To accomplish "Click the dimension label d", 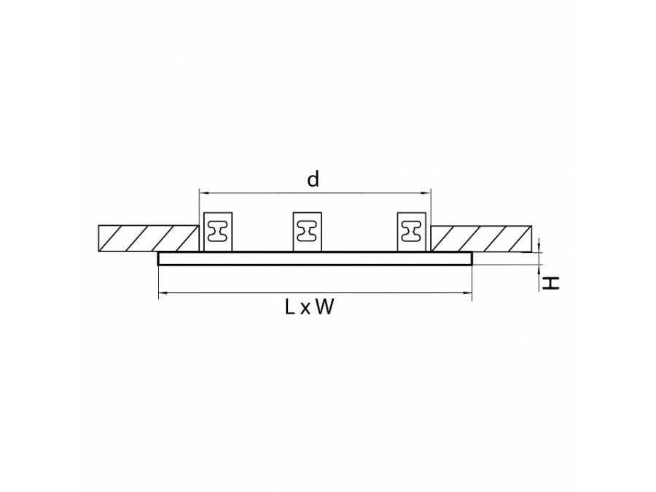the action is [313, 179].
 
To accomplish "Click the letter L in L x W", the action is [289, 308].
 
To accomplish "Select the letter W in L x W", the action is [324, 308].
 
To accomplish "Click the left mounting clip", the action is [217, 232].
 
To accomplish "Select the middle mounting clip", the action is [307, 232].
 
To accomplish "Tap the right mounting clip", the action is [411, 232].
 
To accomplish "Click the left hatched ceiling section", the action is [148, 238].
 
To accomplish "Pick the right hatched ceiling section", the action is [482, 238].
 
